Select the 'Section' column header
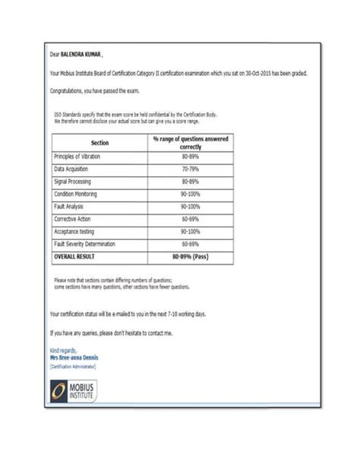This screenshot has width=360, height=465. pyautogui.click(x=99, y=143)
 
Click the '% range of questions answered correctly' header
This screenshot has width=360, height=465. pyautogui.click(x=190, y=143)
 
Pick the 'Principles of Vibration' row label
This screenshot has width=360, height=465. pyautogui.click(x=77, y=157)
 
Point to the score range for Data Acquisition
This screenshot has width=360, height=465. pyautogui.click(x=190, y=169)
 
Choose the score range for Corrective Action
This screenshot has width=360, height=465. pyautogui.click(x=190, y=219)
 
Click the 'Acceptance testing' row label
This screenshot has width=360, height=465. pyautogui.click(x=74, y=231)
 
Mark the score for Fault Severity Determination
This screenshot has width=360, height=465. pyautogui.click(x=190, y=244)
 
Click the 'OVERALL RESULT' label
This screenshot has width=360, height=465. pyautogui.click(x=75, y=257)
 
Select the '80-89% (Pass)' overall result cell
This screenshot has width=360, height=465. pyautogui.click(x=190, y=257)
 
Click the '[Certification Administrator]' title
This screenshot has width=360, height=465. pyautogui.click(x=73, y=365)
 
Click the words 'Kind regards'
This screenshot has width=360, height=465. pyautogui.click(x=62, y=350)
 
